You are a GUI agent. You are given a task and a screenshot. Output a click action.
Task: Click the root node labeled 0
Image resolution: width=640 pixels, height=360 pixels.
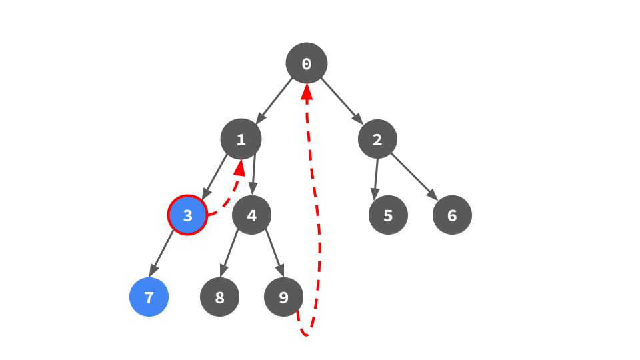pyautogui.click(x=307, y=63)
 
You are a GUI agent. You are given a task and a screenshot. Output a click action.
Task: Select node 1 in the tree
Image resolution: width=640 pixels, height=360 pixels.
pyautogui.click(x=241, y=139)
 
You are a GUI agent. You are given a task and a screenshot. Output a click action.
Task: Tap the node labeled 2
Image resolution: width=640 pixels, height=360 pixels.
pyautogui.click(x=377, y=139)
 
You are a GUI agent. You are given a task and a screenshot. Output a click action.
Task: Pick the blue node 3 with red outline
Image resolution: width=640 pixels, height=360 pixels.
pyautogui.click(x=187, y=215)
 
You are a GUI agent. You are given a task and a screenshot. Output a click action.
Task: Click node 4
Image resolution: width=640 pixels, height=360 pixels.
pyautogui.click(x=251, y=215)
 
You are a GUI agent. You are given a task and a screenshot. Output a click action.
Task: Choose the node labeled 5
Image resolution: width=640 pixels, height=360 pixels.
pyautogui.click(x=388, y=215)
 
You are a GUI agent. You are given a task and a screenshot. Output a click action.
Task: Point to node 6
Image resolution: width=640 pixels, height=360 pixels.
pyautogui.click(x=452, y=215)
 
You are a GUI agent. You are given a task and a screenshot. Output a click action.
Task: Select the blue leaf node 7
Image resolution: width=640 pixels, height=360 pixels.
pyautogui.click(x=149, y=297)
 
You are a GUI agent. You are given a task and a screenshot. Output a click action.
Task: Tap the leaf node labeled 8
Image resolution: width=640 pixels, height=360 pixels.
pyautogui.click(x=219, y=297)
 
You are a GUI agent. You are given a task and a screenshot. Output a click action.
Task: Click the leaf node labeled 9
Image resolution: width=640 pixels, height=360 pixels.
pyautogui.click(x=283, y=297)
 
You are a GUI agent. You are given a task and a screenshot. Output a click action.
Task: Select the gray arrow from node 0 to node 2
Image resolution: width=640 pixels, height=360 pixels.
pyautogui.click(x=342, y=101)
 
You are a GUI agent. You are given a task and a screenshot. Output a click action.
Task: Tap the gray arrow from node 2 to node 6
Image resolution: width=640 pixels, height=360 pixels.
pyautogui.click(x=414, y=177)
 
